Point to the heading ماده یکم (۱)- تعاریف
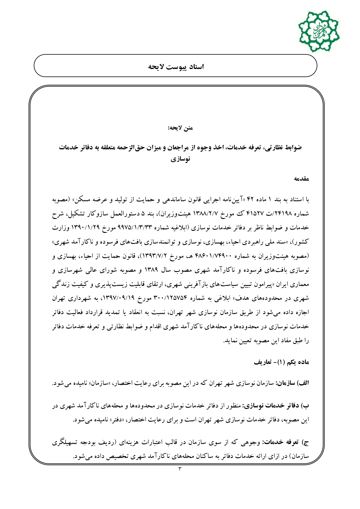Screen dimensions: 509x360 pos(281,362)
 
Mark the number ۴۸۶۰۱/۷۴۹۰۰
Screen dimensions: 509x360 pos(213,256)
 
